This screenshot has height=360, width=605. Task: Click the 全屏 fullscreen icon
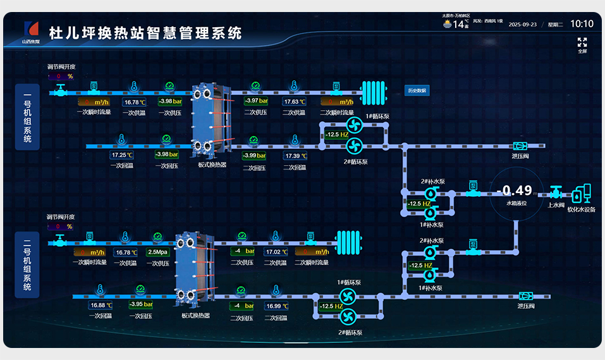pyautogui.click(x=582, y=42)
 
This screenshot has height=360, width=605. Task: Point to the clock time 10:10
pyautogui.click(x=582, y=24)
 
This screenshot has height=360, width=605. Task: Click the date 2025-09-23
pyautogui.click(x=523, y=25)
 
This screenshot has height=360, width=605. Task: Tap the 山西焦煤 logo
pyautogui.click(x=30, y=32)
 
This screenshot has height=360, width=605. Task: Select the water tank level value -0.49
pyautogui.click(x=514, y=190)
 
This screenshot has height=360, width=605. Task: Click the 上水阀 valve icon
pyautogui.click(x=556, y=192)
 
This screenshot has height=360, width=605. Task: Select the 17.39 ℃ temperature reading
pyautogui.click(x=295, y=156)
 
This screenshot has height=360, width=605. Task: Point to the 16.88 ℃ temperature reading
pyautogui.click(x=101, y=305)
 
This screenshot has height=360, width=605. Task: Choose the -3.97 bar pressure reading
pyautogui.click(x=255, y=101)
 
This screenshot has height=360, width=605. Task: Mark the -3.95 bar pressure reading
pyautogui.click(x=140, y=304)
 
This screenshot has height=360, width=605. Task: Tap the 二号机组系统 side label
pyautogui.click(x=27, y=265)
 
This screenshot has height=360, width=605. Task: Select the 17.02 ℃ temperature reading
pyautogui.click(x=276, y=251)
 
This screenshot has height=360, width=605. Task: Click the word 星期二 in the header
pyautogui.click(x=554, y=25)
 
